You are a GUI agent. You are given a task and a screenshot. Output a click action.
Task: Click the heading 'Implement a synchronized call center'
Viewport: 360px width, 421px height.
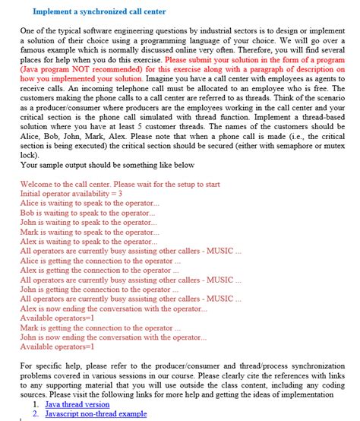(99, 12)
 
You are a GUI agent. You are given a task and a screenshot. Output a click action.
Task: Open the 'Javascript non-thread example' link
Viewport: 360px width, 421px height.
(95, 414)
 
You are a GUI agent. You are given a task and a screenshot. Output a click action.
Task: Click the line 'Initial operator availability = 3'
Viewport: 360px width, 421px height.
(71, 194)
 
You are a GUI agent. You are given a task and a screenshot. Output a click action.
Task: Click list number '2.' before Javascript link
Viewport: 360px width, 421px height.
(36, 414)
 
